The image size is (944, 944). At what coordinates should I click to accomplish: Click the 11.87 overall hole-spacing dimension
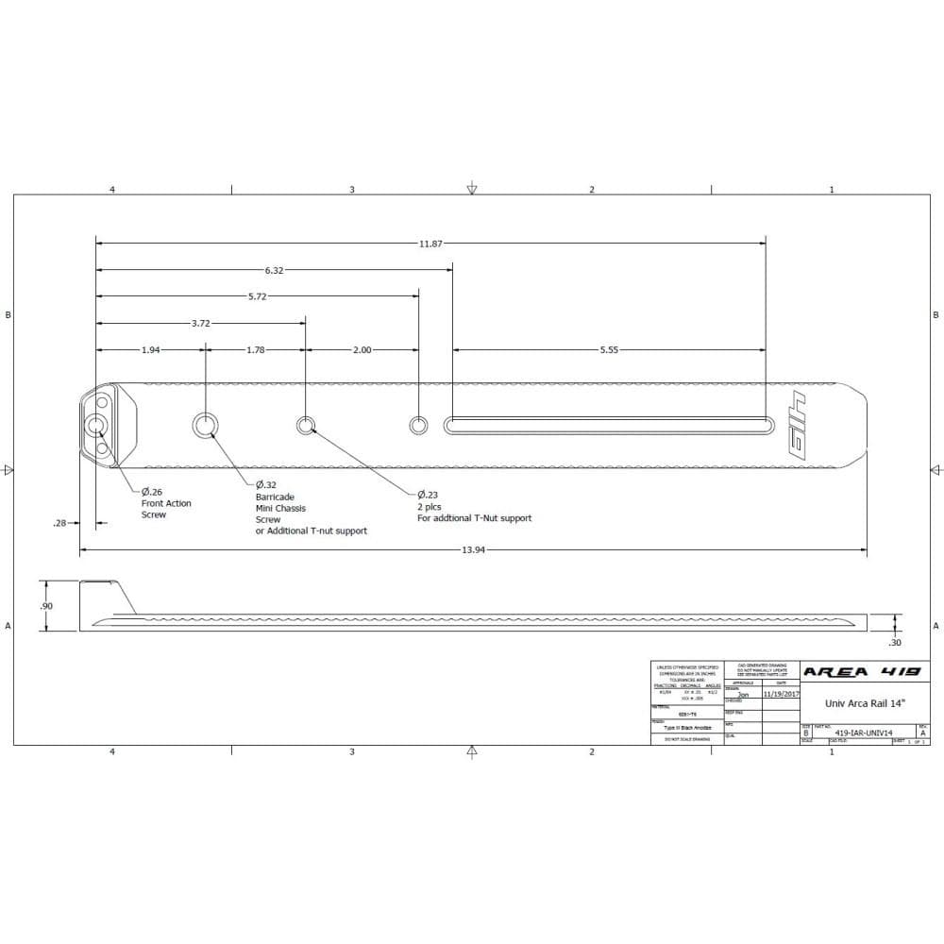[x=430, y=244]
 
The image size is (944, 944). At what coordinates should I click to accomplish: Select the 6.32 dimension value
[x=274, y=270]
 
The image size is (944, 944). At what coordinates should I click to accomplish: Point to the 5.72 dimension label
[x=257, y=296]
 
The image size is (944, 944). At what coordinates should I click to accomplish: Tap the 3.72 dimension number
[x=200, y=323]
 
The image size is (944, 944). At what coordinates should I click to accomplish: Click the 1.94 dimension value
[x=150, y=349]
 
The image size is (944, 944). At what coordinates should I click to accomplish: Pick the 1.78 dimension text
[x=255, y=349]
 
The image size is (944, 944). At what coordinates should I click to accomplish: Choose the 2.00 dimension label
[x=362, y=349]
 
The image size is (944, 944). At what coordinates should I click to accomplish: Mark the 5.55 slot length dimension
[x=609, y=349]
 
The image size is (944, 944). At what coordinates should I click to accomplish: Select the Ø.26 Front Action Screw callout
[x=165, y=503]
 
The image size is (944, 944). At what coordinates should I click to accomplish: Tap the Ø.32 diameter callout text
[x=265, y=484]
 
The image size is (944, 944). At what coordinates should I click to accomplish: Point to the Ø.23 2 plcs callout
[x=430, y=495]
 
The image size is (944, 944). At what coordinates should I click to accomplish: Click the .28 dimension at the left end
[x=59, y=521]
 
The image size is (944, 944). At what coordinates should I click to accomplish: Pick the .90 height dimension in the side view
[x=46, y=606]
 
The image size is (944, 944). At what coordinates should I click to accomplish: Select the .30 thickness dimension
[x=894, y=643]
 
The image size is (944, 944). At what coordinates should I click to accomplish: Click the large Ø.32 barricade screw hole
[x=205, y=426]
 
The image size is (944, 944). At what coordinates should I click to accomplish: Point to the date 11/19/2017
[x=781, y=693]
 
